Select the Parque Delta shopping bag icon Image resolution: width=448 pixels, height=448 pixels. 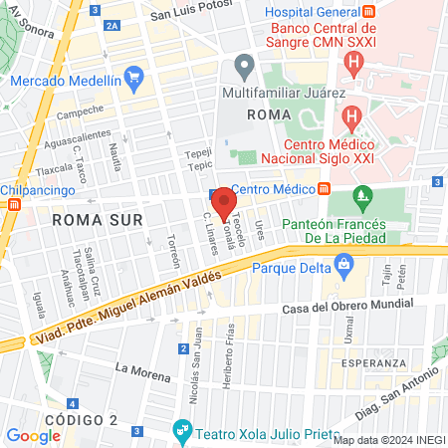(x=344, y=264)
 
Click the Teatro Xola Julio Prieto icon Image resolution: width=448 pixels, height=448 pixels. (x=181, y=430)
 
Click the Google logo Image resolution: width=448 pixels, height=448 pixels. (x=33, y=435)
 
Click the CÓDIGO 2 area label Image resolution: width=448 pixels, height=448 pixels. (x=77, y=418)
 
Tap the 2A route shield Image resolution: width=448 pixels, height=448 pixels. (x=112, y=26)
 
